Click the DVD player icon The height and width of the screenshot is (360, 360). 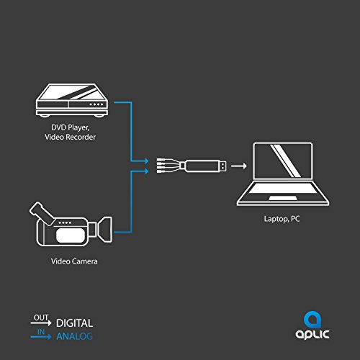72,100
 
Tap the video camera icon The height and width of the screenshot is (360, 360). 71,225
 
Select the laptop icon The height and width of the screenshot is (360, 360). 283,174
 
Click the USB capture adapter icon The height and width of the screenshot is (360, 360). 192,166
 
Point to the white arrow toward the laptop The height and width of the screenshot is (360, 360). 239,166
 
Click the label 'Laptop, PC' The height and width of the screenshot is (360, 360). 282,219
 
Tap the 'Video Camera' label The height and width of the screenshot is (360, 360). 74,261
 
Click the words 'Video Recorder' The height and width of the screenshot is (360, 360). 70,137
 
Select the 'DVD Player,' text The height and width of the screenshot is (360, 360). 71,127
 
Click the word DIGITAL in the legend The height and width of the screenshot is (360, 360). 74,323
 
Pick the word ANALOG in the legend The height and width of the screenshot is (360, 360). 74,336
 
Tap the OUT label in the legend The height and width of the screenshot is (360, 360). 41,318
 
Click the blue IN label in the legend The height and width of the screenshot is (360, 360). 41,332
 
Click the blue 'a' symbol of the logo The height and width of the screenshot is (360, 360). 312,320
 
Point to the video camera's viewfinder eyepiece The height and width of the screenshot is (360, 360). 41,212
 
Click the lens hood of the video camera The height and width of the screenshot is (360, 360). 105,229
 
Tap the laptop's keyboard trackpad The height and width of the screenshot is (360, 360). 283,198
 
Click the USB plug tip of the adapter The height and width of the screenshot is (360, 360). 223,166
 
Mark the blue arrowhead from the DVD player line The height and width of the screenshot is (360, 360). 146,161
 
